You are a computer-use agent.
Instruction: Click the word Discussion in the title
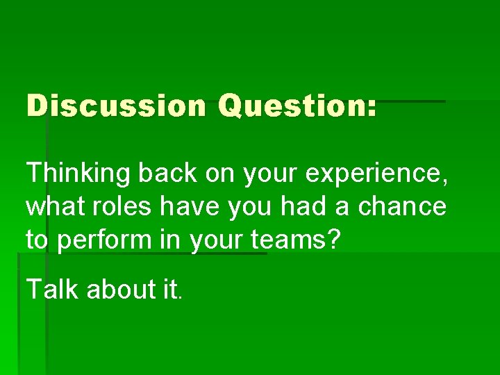tap(116, 106)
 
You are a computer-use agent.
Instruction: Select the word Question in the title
tap(292, 106)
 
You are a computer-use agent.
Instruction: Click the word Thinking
tap(78, 174)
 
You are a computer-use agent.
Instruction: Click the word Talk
tap(53, 290)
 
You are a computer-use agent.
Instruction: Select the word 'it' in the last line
tap(170, 290)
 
